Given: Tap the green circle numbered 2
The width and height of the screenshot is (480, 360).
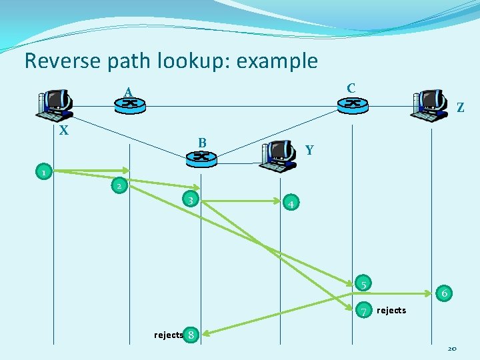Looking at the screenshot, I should [x=119, y=185].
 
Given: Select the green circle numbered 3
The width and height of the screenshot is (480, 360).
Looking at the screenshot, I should [x=191, y=200].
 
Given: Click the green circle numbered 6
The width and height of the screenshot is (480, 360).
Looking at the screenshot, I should [x=444, y=292].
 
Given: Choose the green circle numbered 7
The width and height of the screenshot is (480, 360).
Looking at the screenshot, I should [x=364, y=310].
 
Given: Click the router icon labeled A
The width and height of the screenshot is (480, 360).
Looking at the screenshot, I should [x=131, y=105].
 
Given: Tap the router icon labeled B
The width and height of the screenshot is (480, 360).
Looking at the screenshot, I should [x=201, y=157].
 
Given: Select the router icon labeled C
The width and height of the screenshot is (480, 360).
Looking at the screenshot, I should [x=352, y=104].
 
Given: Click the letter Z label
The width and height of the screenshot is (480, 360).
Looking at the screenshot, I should [x=461, y=107].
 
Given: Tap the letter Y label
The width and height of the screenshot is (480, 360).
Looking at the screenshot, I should [x=309, y=151].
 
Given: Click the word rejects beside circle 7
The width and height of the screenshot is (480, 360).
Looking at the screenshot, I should [x=391, y=311].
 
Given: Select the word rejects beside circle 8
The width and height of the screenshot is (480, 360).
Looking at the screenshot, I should [x=168, y=335].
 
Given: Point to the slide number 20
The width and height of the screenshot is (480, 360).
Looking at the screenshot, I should [x=451, y=348].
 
